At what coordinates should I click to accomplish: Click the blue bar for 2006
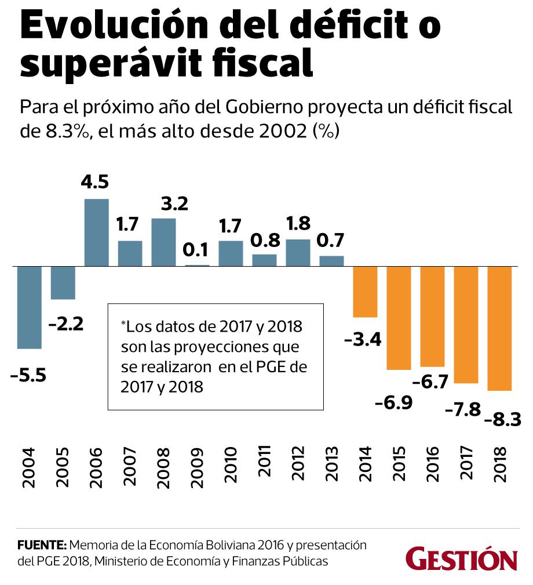tap(97, 232)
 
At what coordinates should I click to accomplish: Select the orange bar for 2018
tap(500, 328)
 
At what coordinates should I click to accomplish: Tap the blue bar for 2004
tap(30, 307)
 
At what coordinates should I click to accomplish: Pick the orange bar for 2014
tap(366, 292)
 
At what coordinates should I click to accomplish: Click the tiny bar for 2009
tap(198, 265)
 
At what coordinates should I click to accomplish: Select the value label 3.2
tap(163, 204)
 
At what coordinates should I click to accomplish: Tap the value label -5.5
tap(28, 375)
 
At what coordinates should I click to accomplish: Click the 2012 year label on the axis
tap(298, 464)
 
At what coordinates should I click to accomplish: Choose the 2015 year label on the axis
tap(399, 464)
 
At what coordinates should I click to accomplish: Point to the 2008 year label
tap(164, 464)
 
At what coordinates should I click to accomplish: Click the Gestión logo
tap(461, 558)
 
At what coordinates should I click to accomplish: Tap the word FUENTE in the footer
tap(43, 546)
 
